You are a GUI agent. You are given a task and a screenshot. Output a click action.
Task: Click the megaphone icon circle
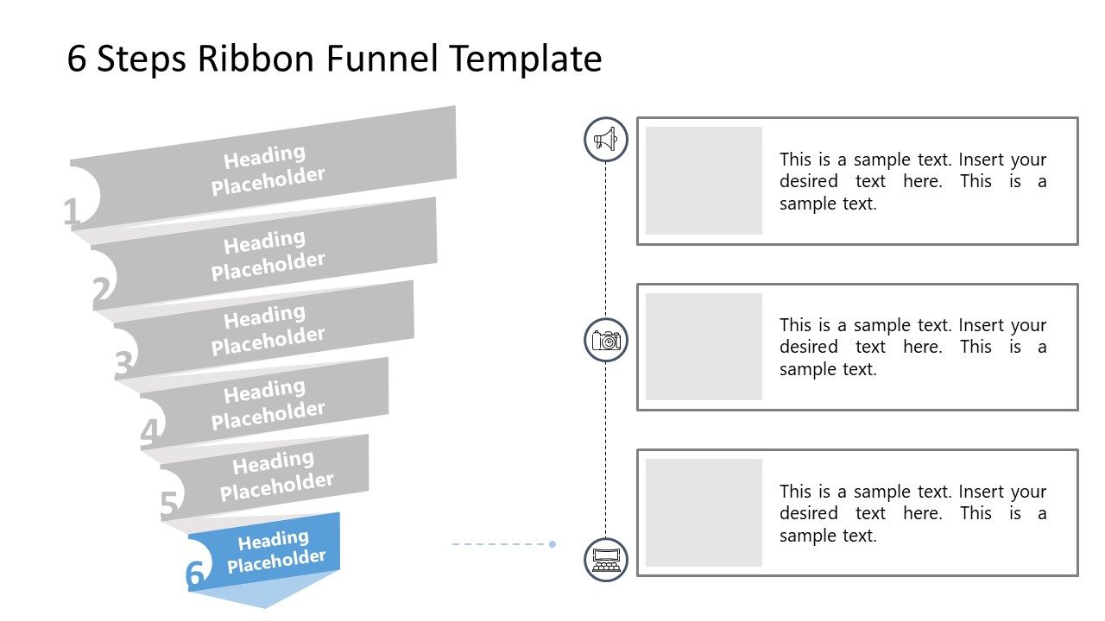[x=606, y=139]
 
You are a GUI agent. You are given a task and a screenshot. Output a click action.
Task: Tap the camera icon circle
[x=606, y=340]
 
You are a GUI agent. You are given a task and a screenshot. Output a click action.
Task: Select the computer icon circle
[x=606, y=559]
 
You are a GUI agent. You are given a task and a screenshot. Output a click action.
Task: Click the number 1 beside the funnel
[x=72, y=212]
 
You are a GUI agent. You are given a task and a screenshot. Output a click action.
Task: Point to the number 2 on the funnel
[x=102, y=292]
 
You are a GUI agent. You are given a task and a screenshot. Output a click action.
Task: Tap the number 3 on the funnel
[x=124, y=366]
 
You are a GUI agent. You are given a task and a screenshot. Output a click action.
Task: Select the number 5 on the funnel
[x=170, y=505]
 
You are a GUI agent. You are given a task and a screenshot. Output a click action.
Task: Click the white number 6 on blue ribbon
[x=196, y=574]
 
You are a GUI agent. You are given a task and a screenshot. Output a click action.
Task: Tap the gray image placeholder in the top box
[x=704, y=180]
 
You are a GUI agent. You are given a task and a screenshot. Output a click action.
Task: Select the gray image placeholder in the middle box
[x=704, y=347]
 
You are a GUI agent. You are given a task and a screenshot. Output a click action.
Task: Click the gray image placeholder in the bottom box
[x=704, y=512]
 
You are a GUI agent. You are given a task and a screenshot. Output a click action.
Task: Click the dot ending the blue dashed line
[x=552, y=544]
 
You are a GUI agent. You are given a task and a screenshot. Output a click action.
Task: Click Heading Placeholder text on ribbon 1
[x=267, y=170]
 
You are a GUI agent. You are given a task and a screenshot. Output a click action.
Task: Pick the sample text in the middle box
[x=912, y=347]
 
